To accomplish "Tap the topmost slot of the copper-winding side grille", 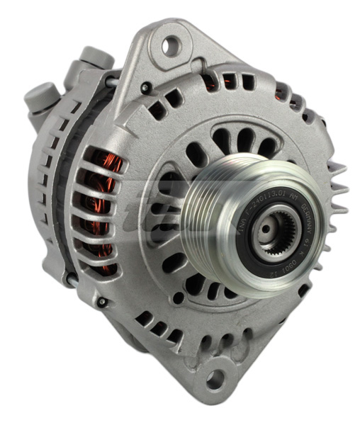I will [x=99, y=157].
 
